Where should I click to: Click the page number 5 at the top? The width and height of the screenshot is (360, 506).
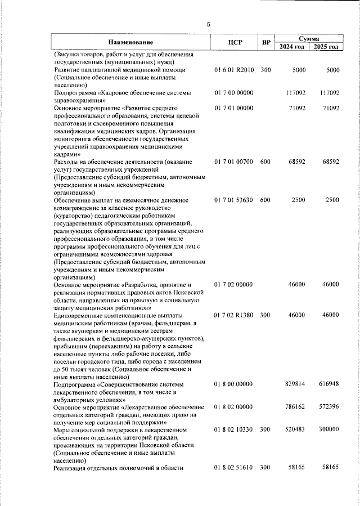[208, 24]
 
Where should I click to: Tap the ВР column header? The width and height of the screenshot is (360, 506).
[267, 42]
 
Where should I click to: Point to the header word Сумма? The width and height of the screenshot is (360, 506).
[309, 38]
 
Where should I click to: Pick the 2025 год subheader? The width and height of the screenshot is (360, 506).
[327, 47]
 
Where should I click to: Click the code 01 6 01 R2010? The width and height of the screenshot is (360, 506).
[235, 70]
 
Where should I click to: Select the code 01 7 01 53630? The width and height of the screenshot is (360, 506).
[234, 200]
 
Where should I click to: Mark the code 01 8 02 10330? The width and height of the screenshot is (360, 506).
[234, 430]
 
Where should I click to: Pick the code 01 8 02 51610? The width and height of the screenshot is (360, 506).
[234, 468]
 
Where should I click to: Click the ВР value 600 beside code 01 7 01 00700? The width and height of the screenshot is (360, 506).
[265, 162]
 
